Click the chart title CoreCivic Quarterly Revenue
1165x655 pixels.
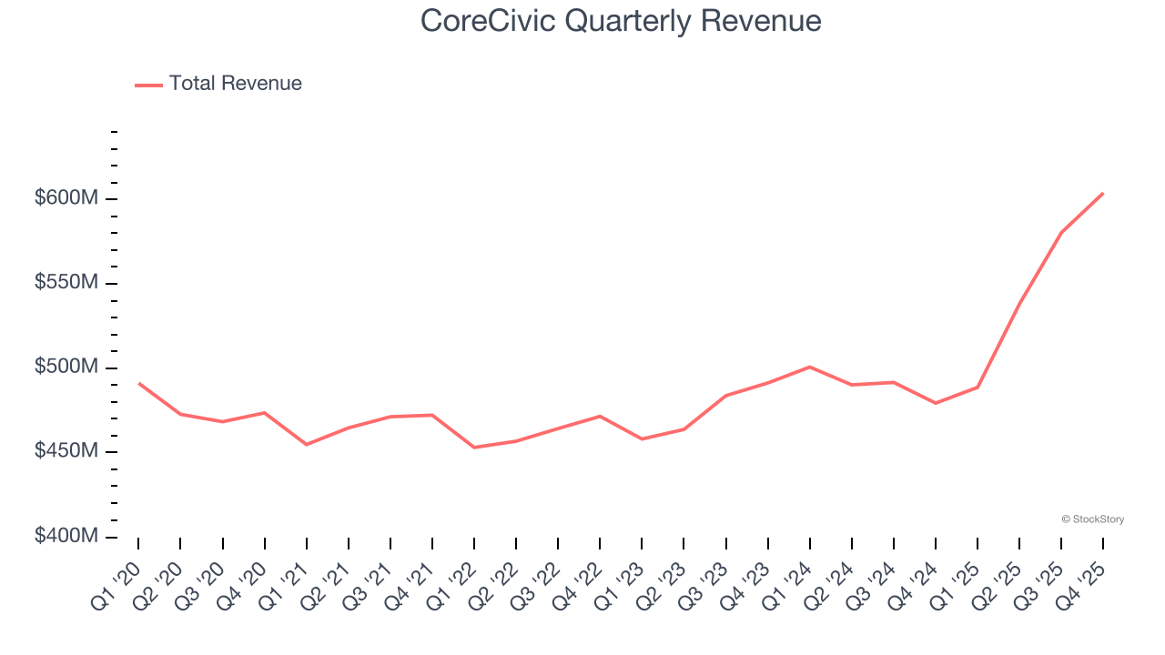[x=621, y=20]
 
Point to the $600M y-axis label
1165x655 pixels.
[x=66, y=198]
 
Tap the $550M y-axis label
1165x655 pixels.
[x=66, y=283]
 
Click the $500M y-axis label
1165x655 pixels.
[x=66, y=368]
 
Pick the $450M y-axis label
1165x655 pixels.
[x=66, y=451]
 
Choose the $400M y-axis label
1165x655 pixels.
[x=66, y=536]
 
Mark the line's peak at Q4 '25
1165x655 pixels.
[x=1103, y=193]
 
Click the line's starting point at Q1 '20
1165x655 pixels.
[x=138, y=383]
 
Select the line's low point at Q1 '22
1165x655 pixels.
[x=474, y=448]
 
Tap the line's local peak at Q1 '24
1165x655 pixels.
[x=809, y=367]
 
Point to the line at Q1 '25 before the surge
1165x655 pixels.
[x=978, y=388]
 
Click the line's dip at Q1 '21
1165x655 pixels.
[x=306, y=444]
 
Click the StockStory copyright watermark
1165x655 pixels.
[x=1092, y=519]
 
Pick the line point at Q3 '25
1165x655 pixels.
[x=1061, y=232]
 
